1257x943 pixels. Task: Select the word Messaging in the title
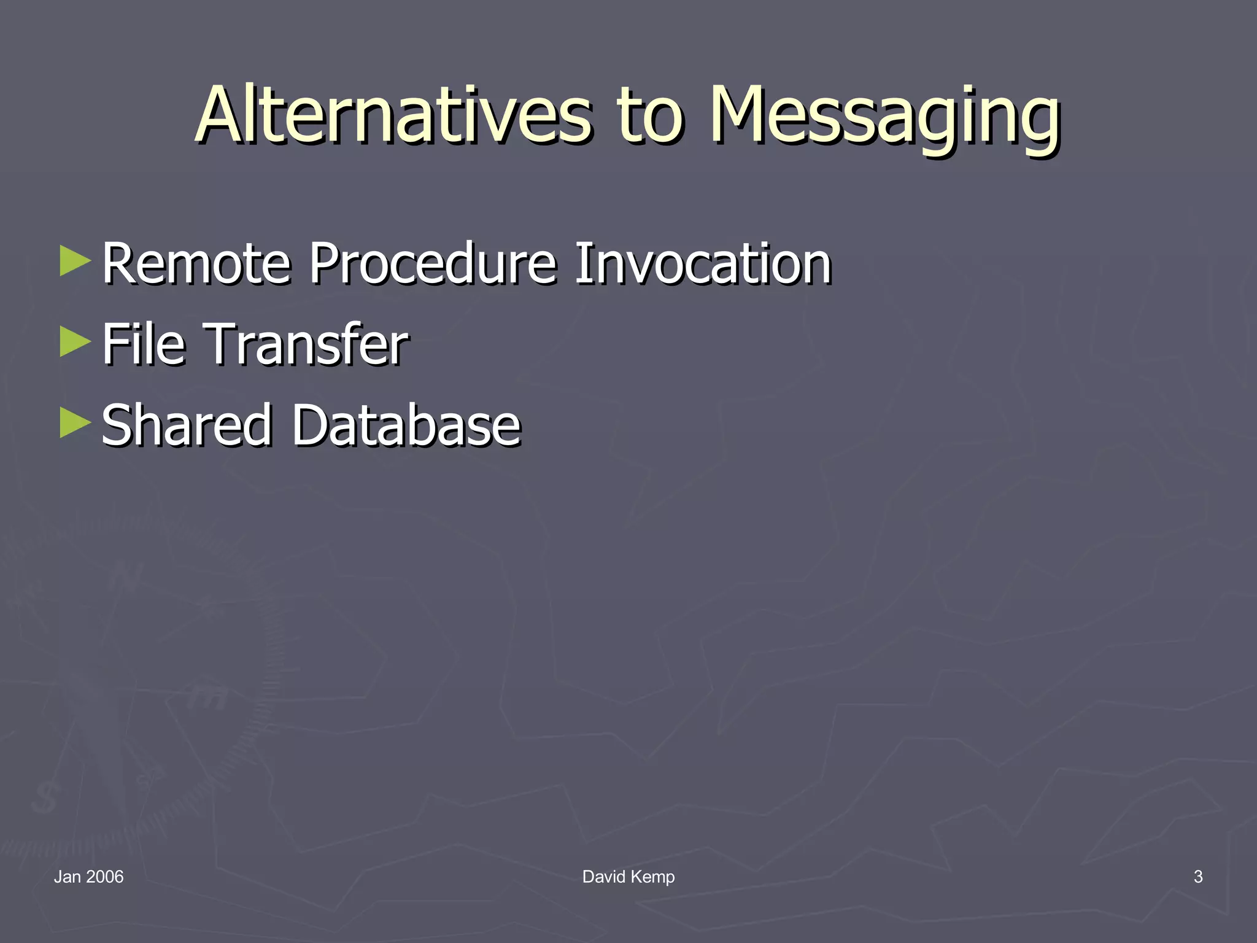[x=884, y=117]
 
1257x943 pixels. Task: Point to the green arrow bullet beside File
[x=75, y=342]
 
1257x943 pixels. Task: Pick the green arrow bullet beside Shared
[x=75, y=423]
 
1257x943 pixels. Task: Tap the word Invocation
[x=702, y=264]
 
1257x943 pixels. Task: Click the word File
[x=143, y=344]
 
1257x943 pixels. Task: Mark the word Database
[x=406, y=425]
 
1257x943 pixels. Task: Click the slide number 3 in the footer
[x=1197, y=877]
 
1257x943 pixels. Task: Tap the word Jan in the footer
[x=67, y=877]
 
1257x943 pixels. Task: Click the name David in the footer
[x=604, y=877]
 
